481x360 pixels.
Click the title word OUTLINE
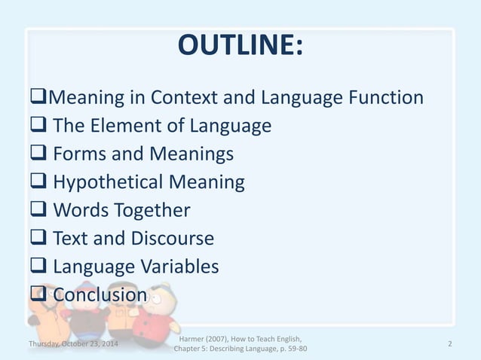(x=240, y=46)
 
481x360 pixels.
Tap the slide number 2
(x=449, y=344)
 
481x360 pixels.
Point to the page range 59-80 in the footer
(x=292, y=349)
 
